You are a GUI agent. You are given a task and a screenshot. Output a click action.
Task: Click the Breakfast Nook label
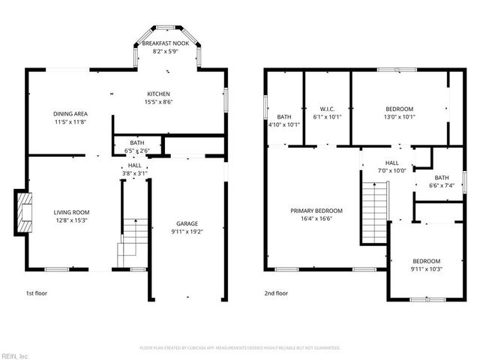(x=166, y=44)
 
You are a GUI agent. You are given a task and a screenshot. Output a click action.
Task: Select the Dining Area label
(x=70, y=114)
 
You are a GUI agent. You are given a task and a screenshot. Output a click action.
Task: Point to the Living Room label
(x=70, y=212)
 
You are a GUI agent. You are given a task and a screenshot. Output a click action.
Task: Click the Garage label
(x=187, y=223)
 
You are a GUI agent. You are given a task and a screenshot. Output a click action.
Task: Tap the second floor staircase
(x=374, y=214)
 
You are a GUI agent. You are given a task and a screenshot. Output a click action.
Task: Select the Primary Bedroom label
(x=316, y=211)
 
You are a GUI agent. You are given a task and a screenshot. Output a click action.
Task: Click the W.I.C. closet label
(x=326, y=109)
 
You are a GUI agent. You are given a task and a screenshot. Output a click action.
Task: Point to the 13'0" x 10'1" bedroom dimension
(x=400, y=116)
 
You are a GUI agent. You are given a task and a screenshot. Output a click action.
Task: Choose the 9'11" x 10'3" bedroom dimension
(x=425, y=268)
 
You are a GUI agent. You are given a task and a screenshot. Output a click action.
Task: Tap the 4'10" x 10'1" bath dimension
(x=284, y=124)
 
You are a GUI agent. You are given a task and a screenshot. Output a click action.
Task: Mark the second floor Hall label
(x=391, y=162)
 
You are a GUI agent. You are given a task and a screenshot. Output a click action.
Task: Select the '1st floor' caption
(x=37, y=293)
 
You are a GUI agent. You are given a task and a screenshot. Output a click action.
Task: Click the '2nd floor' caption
(x=276, y=293)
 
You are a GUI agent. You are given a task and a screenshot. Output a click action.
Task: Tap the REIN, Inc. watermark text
(x=14, y=355)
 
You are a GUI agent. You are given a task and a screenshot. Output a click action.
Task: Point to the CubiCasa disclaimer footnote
(x=240, y=348)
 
